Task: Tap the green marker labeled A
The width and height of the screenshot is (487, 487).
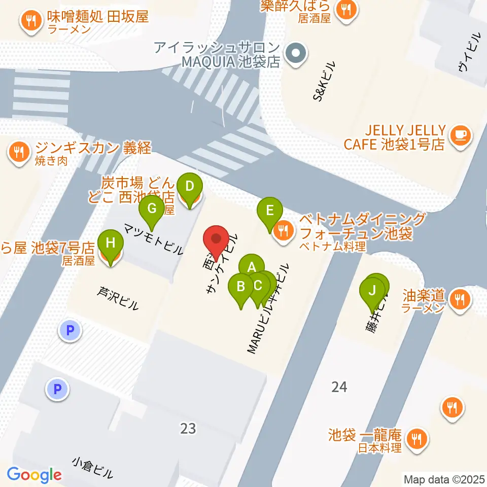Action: click(x=251, y=266)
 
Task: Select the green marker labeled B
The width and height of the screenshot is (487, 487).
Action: click(x=241, y=286)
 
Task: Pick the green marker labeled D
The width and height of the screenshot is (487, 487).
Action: click(x=189, y=186)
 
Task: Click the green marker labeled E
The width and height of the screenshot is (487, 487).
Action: click(x=270, y=211)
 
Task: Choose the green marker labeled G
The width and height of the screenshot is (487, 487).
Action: click(x=151, y=208)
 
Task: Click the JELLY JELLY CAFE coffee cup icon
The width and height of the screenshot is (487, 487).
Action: click(x=461, y=134)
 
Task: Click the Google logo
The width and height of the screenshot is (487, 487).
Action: click(x=34, y=475)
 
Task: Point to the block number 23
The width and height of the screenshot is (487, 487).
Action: click(x=188, y=429)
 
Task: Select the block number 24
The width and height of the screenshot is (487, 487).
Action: click(x=339, y=387)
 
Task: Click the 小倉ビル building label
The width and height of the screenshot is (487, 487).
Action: click(x=92, y=468)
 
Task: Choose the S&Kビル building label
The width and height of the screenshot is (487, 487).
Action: click(x=324, y=81)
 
